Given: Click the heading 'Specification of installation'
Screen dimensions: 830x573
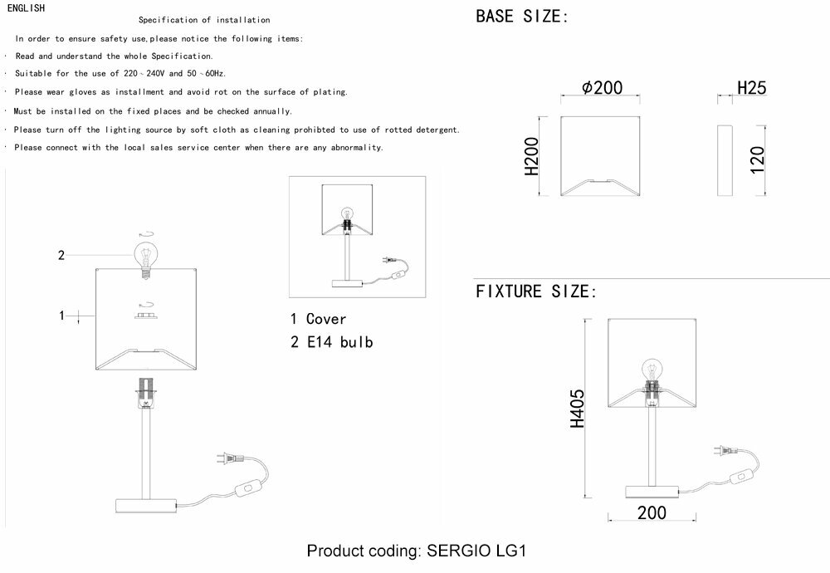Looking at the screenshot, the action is point(203,19).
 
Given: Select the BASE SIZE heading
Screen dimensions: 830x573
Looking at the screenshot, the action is point(521,16).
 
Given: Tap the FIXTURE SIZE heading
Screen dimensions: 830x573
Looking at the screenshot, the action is point(536,291).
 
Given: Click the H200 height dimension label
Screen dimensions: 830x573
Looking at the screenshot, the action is point(531,157).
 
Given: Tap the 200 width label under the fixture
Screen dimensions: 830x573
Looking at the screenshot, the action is point(652,513).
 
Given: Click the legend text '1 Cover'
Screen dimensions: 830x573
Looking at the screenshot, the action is point(319,319).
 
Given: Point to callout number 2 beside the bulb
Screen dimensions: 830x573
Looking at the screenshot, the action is point(61,255).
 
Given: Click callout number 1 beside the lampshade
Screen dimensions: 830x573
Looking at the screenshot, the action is point(61,315).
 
